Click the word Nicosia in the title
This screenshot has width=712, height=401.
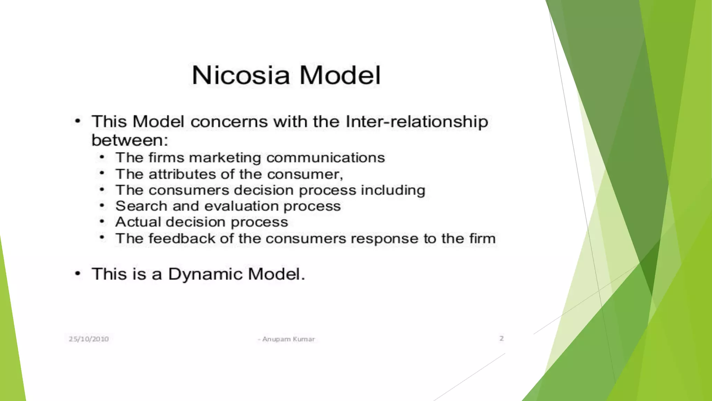[x=241, y=75]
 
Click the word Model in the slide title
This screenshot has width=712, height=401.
[x=340, y=75]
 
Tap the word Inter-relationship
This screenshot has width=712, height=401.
[x=416, y=122]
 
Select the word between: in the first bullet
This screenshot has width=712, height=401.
[x=130, y=140]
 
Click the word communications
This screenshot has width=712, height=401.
[x=326, y=158]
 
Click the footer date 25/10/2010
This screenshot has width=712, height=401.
[x=89, y=339]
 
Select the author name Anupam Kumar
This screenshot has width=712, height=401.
[x=288, y=339]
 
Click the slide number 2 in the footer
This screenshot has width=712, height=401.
[x=501, y=338]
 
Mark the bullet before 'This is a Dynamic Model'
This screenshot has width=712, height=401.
[x=78, y=274]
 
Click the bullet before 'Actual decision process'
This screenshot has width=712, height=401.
[x=102, y=221]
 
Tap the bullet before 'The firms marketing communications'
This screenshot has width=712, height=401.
[x=102, y=157]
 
